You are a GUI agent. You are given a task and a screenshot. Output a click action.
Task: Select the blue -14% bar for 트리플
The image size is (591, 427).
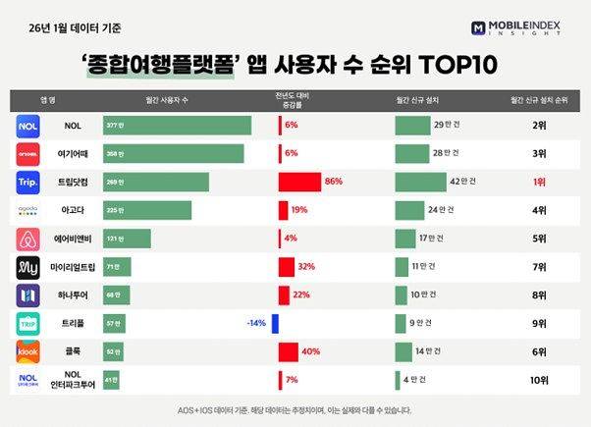(276, 323)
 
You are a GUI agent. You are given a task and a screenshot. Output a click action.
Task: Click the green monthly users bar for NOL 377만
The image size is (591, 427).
(177, 126)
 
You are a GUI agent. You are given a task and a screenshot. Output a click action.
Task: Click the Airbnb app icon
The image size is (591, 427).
(29, 239)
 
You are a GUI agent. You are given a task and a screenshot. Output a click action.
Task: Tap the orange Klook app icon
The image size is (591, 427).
(29, 351)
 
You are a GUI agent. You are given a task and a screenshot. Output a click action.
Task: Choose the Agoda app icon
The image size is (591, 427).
(29, 210)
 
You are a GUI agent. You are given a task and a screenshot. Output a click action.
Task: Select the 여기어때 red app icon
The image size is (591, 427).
(29, 154)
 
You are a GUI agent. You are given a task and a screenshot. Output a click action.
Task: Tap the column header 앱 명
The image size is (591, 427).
(46, 99)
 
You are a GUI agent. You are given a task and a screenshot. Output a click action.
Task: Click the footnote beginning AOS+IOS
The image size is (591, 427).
(295, 409)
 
